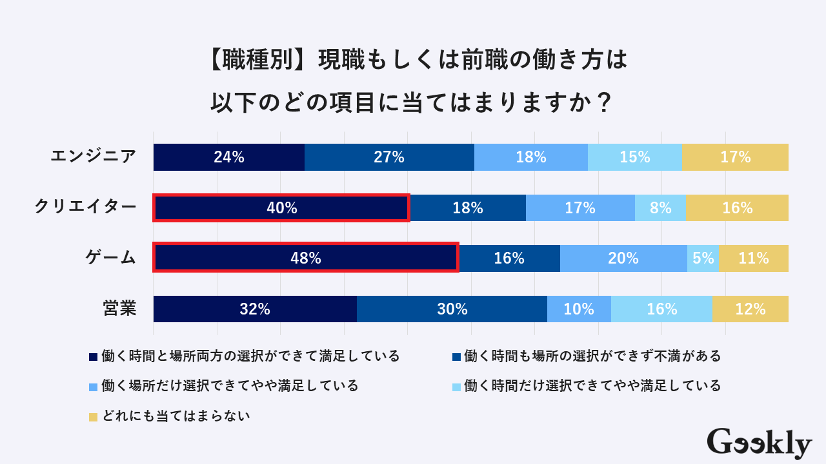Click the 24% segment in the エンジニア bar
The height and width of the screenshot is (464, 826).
(229, 157)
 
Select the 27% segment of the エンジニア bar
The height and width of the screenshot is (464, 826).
(389, 157)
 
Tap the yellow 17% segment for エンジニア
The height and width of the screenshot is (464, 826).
(735, 157)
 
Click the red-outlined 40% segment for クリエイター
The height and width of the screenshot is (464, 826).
(281, 208)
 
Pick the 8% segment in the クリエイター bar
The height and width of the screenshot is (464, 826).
(660, 208)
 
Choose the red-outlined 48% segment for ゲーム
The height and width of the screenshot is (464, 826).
(306, 258)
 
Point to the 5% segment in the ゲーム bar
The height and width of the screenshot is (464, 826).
(703, 258)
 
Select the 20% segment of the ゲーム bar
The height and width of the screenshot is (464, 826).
(623, 258)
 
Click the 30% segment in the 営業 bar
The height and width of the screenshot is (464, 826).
(452, 309)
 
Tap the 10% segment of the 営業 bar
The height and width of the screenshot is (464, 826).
(579, 309)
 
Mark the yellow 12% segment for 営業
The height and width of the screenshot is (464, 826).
(750, 309)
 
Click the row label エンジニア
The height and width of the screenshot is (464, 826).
(94, 157)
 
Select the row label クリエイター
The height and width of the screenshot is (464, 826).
(85, 207)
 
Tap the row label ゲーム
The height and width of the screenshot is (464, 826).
(111, 258)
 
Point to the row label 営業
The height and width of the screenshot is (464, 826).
(119, 309)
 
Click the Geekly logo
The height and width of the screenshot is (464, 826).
(759, 443)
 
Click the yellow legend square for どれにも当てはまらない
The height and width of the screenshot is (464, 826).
(93, 417)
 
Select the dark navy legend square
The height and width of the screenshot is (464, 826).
(93, 356)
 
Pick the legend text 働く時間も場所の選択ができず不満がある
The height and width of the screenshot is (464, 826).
(592, 356)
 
